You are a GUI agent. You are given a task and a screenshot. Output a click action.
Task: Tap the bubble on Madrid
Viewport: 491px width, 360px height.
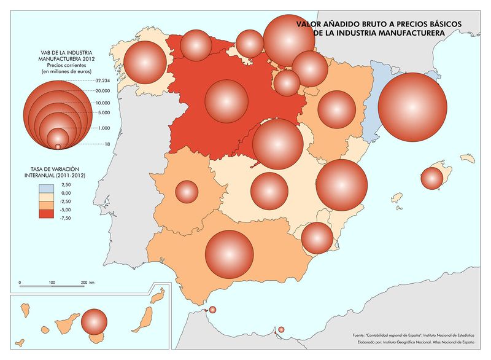[x=278, y=144]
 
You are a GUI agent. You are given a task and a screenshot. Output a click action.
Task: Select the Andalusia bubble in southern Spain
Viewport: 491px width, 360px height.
[x=230, y=254]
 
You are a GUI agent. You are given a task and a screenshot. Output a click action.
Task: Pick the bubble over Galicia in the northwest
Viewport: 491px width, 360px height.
[x=145, y=62]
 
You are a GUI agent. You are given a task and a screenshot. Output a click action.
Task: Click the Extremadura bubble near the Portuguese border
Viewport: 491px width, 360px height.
[x=187, y=192]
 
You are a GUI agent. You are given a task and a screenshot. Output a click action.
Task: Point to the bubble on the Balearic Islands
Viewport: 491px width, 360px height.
[x=431, y=178]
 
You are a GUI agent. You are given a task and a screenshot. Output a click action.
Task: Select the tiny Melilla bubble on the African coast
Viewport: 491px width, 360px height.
[x=281, y=330]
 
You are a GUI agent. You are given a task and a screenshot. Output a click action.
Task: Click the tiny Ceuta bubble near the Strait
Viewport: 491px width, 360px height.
[x=213, y=310]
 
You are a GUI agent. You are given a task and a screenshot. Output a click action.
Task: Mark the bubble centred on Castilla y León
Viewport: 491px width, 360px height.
[x=226, y=101]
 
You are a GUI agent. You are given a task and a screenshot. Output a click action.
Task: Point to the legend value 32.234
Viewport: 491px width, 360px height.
[x=102, y=80]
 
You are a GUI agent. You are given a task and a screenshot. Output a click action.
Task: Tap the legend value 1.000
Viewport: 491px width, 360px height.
[x=102, y=128]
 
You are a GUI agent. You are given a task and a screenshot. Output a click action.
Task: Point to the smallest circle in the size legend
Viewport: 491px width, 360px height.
[x=58, y=146]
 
